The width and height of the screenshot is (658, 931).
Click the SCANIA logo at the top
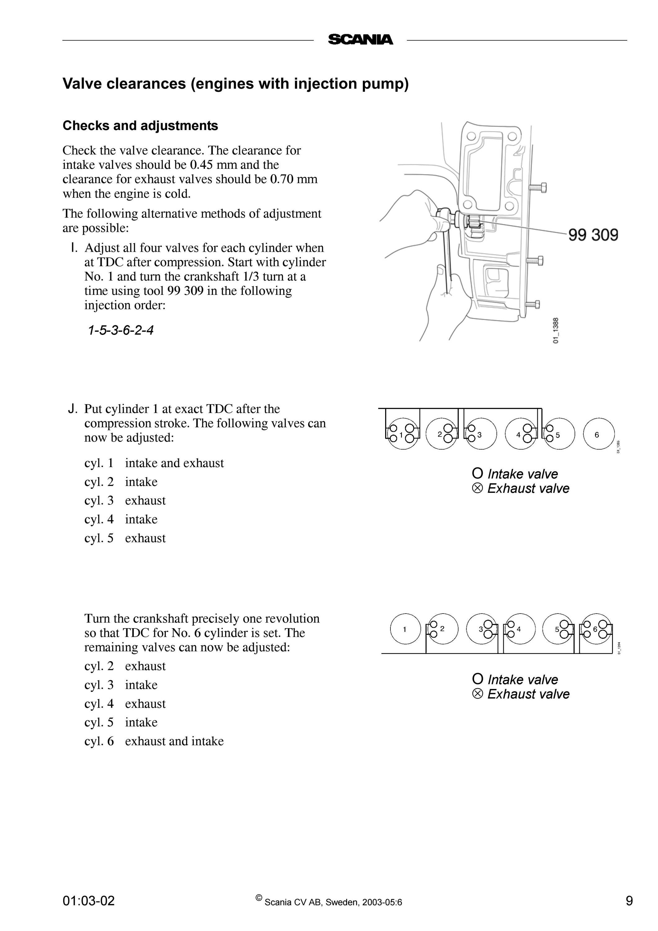pos(360,39)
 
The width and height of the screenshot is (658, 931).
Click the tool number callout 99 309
pos(593,235)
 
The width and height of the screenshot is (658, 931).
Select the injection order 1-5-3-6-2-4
pos(121,330)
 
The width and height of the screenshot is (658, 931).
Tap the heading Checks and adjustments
pos(140,126)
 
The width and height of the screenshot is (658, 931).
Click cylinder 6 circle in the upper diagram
pos(599,434)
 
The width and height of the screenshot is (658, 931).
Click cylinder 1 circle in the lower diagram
pos(405,629)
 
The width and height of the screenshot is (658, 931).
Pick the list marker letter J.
pos(73,409)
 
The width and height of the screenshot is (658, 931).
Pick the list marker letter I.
pos(73,248)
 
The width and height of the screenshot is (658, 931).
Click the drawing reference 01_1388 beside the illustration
pos(556,331)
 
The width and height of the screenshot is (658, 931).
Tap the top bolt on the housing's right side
pos(538,188)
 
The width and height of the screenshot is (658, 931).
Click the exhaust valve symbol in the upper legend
pos(478,488)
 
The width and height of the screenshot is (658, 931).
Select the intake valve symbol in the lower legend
pos(478,679)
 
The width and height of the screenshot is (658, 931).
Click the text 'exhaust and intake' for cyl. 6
pos(174,741)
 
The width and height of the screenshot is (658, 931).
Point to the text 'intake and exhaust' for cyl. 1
pos(174,463)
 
